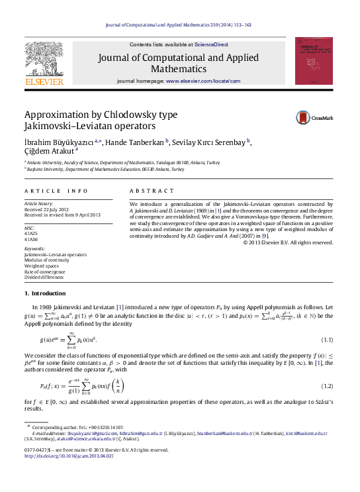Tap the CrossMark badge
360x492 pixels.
pos(314,117)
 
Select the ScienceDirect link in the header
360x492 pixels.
pos(211,44)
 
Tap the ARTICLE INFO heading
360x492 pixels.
pos(56,191)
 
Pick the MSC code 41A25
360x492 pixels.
pos(31,234)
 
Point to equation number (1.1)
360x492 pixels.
pos(327,340)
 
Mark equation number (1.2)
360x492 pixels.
pos(327,385)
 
